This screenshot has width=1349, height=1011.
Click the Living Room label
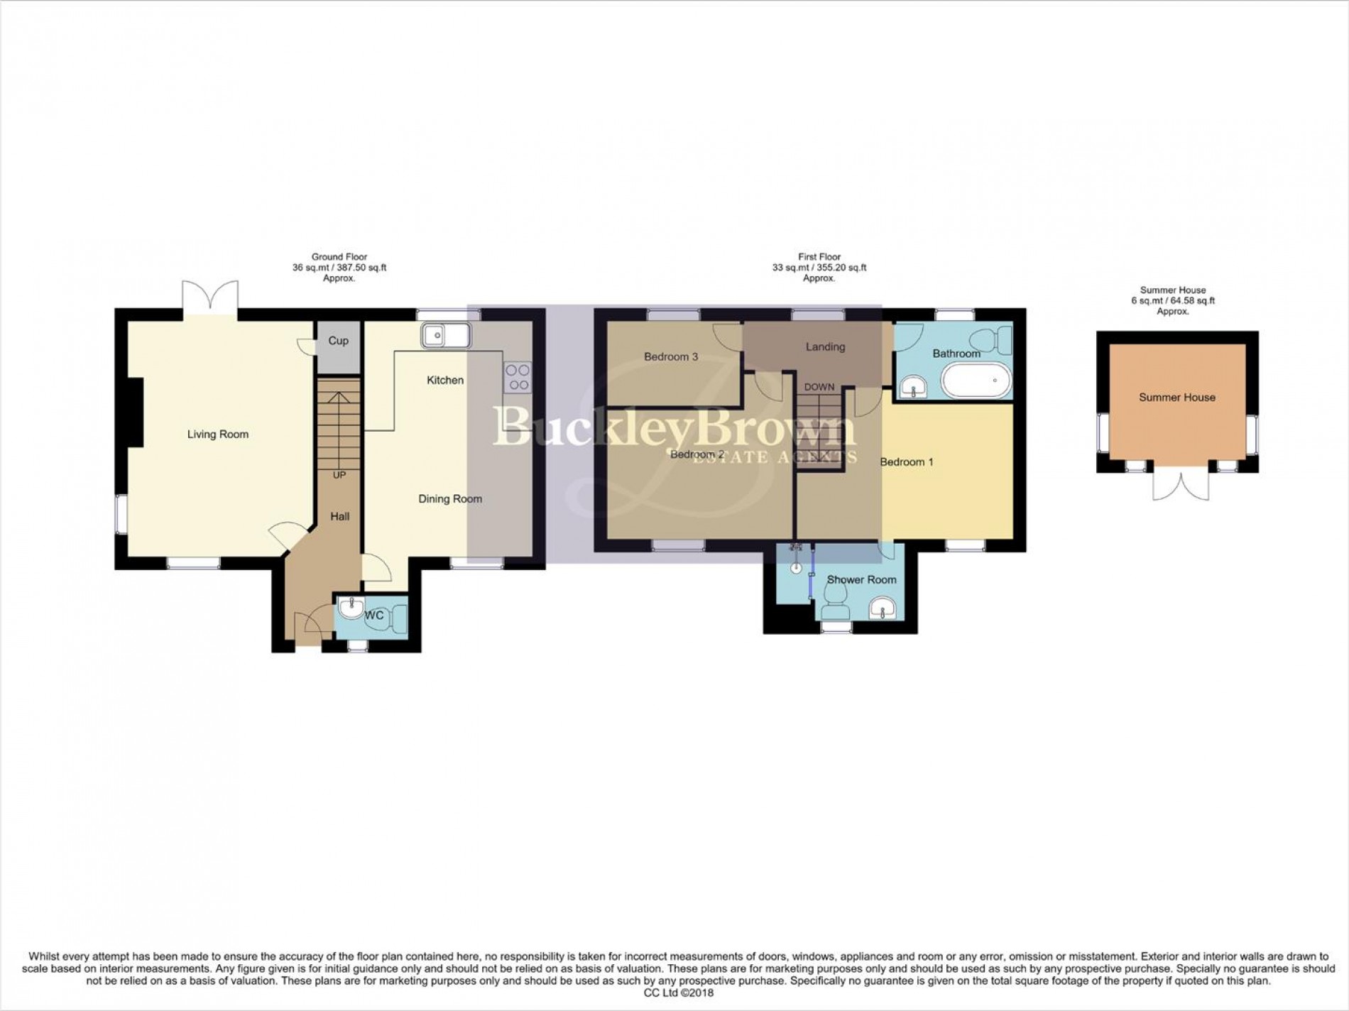218,435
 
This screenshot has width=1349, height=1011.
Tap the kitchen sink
445,335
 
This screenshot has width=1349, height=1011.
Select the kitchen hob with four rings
518,377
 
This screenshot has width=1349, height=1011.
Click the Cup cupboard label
339,341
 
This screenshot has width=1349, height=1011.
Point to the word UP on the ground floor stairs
339,475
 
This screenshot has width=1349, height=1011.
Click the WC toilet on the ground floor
396,615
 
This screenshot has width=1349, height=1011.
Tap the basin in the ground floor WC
350,608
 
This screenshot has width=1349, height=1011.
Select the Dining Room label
450,499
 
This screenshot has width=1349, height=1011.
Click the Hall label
340,517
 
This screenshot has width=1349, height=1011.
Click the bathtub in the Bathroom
976,381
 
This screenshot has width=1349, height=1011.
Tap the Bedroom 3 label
671,357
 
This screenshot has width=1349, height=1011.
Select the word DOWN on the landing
819,388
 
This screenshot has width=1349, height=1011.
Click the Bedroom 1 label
907,462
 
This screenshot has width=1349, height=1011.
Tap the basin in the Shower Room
883,608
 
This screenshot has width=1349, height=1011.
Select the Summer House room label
1177,398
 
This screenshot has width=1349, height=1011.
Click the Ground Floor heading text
339,257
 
